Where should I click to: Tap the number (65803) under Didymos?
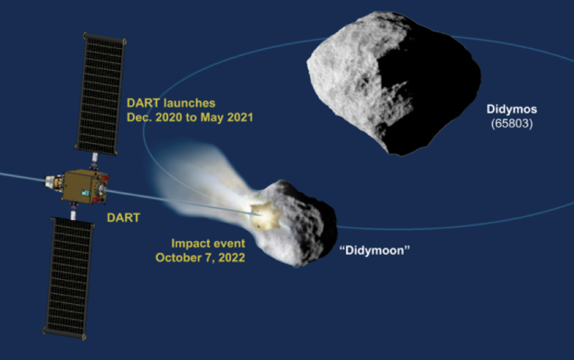(512, 123)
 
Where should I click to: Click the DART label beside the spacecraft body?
(122, 216)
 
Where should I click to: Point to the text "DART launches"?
(171, 102)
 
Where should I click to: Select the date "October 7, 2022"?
(201, 257)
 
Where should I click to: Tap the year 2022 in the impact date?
(231, 257)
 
